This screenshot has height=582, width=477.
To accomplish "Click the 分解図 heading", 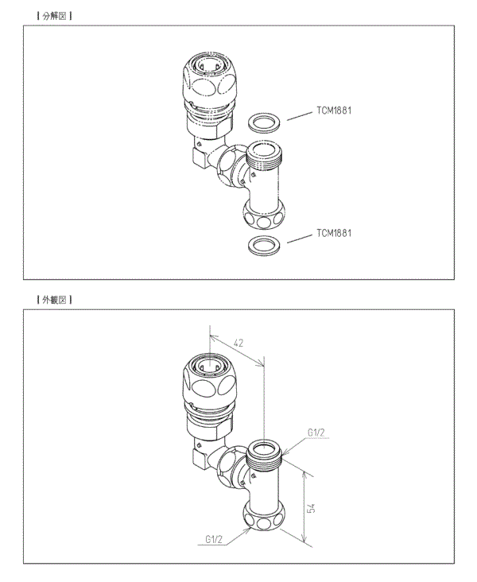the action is [55, 16].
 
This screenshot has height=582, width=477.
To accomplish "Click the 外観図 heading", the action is [55, 300].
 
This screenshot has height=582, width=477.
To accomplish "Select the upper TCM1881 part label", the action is [334, 111].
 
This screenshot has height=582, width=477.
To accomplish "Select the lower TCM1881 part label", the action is [334, 233].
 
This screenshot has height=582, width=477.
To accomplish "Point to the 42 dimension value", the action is [238, 343].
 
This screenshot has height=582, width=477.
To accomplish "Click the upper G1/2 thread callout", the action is [316, 433].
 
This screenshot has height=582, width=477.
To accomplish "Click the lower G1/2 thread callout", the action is [214, 539].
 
